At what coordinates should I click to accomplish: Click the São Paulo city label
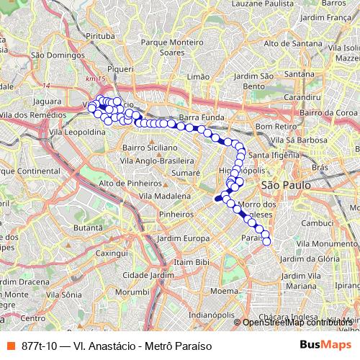tap(284, 185)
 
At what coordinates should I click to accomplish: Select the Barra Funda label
tap(199, 117)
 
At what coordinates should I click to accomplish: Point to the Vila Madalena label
tap(164, 196)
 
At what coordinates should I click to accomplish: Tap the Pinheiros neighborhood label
tap(178, 214)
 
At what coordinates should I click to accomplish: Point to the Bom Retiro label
tap(271, 126)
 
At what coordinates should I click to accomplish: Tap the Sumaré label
tap(186, 174)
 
